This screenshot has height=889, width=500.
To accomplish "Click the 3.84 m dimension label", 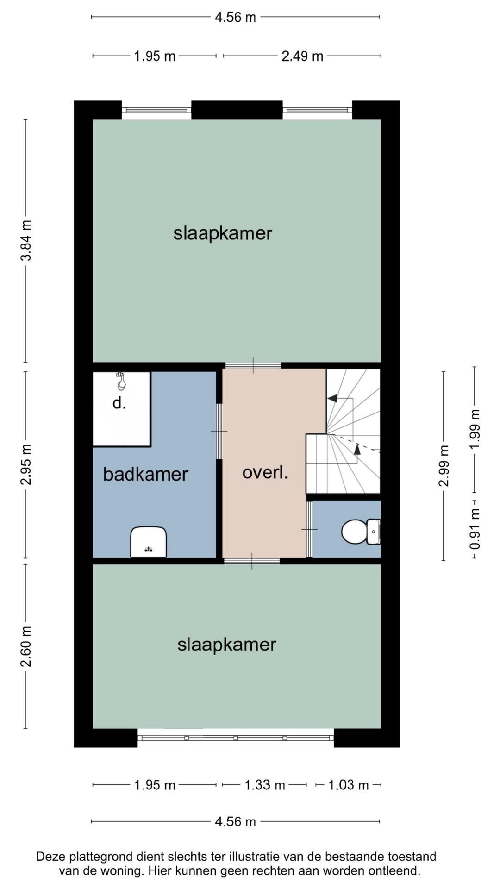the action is click(x=26, y=241).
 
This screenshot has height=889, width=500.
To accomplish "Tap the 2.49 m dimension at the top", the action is click(x=302, y=56).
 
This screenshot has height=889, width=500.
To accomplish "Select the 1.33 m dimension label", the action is click(x=265, y=785).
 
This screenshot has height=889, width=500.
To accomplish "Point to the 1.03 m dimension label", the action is click(x=348, y=785).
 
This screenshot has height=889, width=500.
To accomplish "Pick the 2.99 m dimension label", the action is click(x=444, y=466).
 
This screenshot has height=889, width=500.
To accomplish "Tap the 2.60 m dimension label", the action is click(x=26, y=646).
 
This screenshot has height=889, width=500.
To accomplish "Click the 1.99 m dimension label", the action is click(x=475, y=429).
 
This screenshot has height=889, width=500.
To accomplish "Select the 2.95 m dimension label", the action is click(x=26, y=464).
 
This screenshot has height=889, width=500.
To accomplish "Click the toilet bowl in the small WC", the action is click(x=354, y=532).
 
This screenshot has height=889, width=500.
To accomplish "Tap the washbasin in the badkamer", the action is click(x=148, y=542).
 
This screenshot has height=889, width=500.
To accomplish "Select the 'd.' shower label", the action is click(x=119, y=403).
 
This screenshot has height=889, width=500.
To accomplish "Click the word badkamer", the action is click(x=145, y=474).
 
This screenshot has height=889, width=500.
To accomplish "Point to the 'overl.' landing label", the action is click(x=265, y=473).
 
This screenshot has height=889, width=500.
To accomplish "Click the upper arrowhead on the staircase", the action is click(x=332, y=398).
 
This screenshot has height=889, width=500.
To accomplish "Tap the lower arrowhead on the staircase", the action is click(x=357, y=448).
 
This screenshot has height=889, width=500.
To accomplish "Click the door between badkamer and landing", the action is click(x=219, y=431).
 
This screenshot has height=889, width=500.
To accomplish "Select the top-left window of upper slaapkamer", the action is click(x=156, y=110).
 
